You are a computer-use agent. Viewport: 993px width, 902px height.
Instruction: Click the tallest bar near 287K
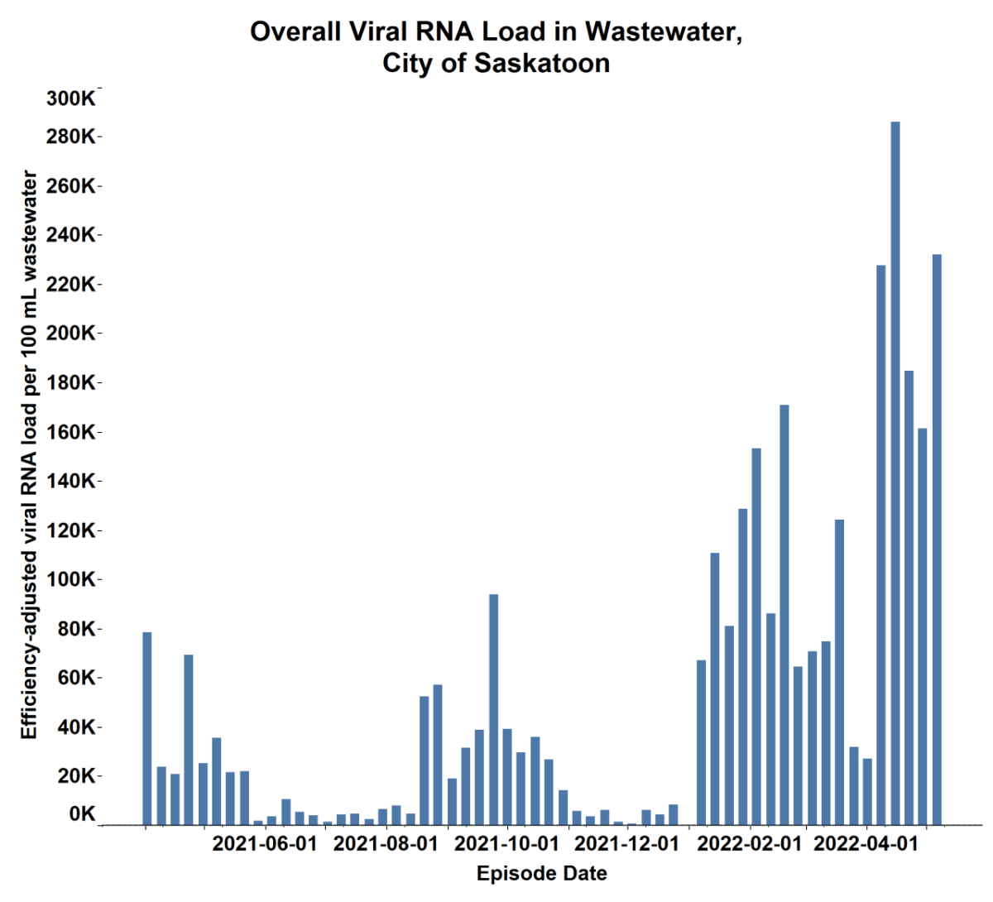pos(895,472)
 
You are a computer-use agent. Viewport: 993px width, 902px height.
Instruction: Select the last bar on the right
pos(937,538)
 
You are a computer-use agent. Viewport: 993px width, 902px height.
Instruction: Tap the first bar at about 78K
pos(147,728)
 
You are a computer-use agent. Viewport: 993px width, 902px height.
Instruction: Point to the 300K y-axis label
pos(71,98)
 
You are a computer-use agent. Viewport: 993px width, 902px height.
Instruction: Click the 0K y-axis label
pos(83,814)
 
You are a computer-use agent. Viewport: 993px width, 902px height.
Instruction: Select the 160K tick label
pos(71,432)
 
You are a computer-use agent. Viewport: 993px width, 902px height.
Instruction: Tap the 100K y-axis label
pos(71,579)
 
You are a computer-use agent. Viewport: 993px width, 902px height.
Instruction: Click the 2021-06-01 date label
pos(265,845)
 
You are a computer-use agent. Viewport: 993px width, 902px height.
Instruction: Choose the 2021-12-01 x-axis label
pos(626,845)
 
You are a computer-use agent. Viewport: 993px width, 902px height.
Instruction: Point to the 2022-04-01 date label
pos(866,845)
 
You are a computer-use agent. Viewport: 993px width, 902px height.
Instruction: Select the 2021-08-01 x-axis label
pos(386,845)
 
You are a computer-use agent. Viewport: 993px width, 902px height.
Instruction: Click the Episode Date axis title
pos(542,874)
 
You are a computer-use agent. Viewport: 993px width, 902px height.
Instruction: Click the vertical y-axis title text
pos(30,455)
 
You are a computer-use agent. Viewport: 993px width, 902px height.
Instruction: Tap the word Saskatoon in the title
pos(542,64)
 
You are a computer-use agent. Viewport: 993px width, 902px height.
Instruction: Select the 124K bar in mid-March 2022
pos(840,671)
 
